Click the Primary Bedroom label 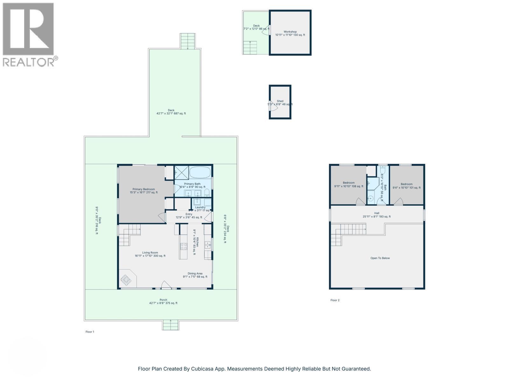coord(143,191)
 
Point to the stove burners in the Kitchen coord(184,246)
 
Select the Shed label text coord(280,101)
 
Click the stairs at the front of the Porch coord(171,325)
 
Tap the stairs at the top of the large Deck coord(187,41)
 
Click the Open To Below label coord(380,258)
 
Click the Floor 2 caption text coord(335,300)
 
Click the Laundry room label coord(200,207)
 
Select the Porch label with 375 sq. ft coord(163,301)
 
